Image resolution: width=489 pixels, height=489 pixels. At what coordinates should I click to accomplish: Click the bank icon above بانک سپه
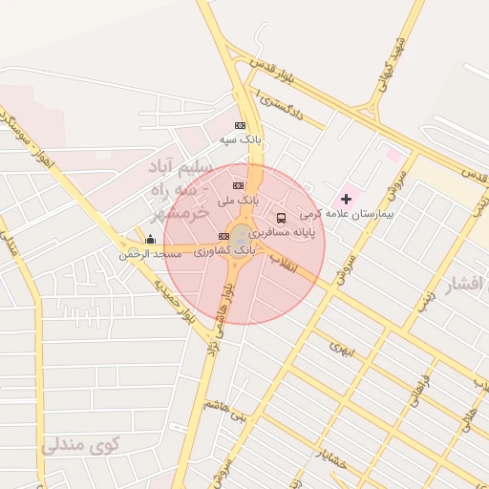coord(240,125)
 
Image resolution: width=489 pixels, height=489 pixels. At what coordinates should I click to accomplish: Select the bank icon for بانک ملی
coord(238,185)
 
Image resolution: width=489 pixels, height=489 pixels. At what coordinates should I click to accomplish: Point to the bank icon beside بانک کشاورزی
coord(223,236)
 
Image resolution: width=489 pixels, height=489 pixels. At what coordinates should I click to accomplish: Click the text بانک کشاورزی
coord(224,251)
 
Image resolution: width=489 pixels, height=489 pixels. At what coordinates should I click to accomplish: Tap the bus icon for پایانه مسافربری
coord(280,218)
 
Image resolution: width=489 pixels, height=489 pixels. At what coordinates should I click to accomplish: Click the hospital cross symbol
coord(346,199)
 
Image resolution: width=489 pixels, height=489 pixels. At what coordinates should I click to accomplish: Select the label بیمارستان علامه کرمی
coord(361,216)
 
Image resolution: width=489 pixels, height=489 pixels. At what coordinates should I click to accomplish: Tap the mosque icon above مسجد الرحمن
coord(150,239)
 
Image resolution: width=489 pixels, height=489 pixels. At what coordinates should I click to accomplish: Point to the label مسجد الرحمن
coord(150,255)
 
